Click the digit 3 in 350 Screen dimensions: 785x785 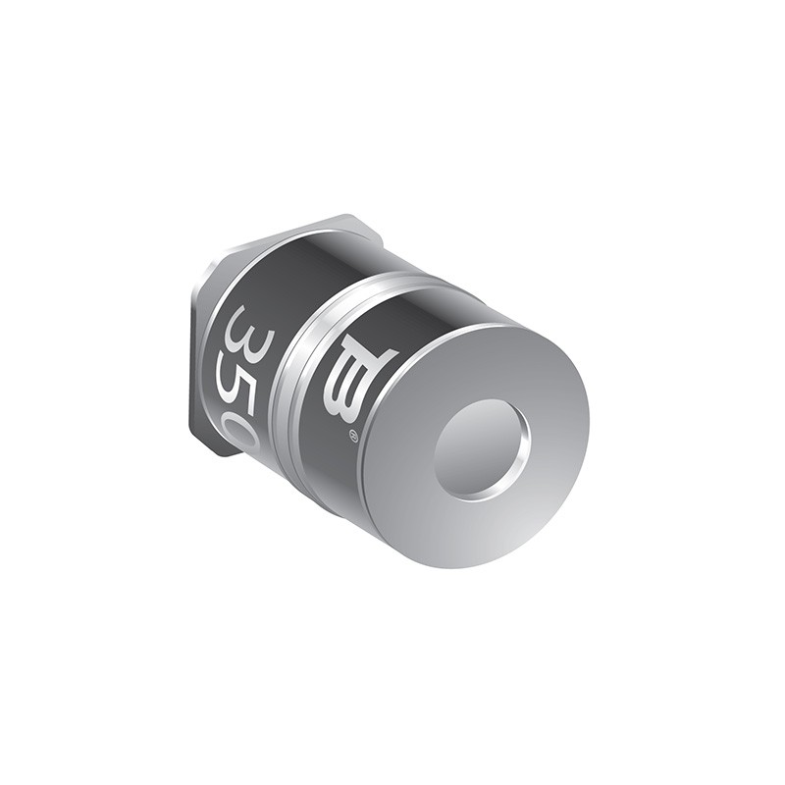tap(244, 329)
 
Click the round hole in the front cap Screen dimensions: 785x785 tap(480, 447)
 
